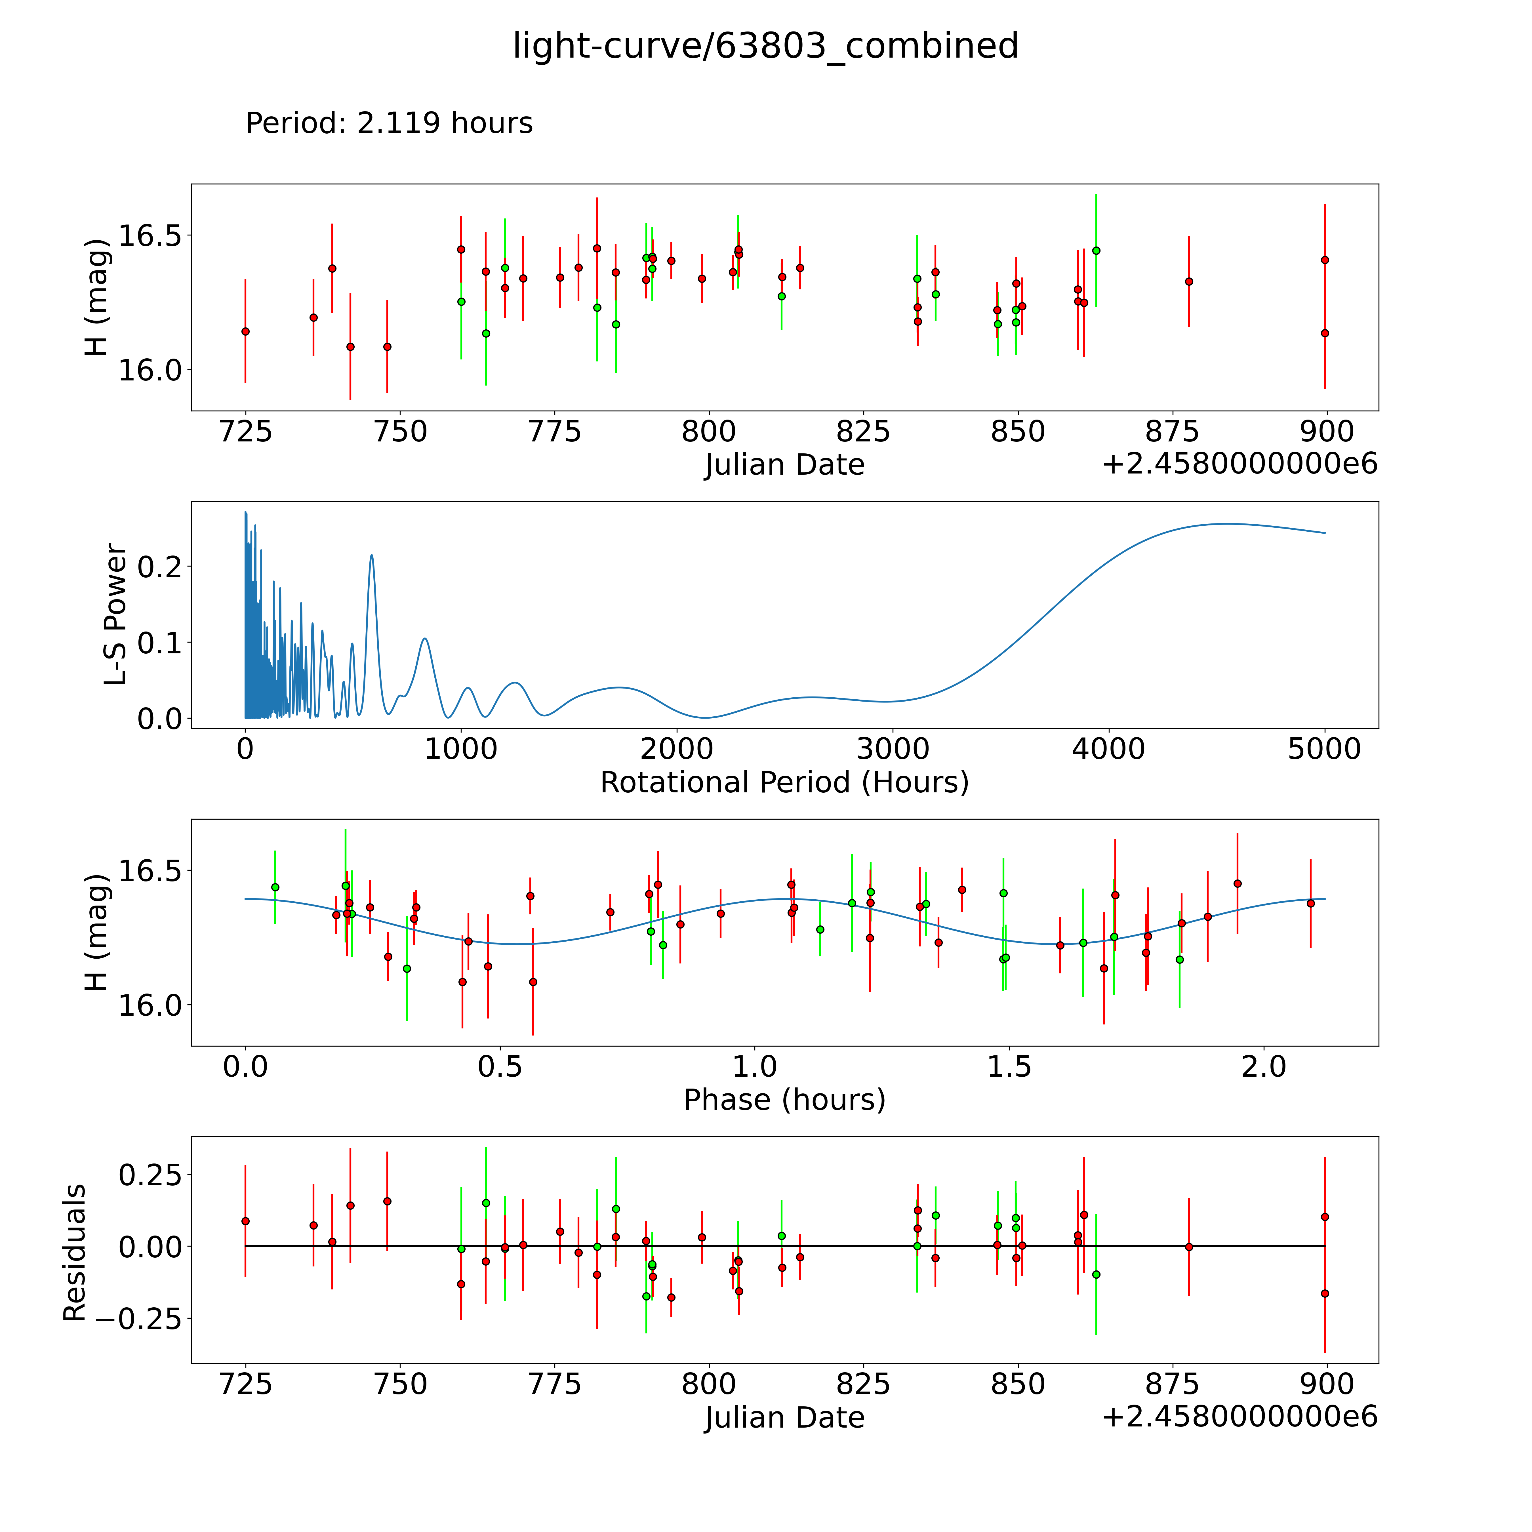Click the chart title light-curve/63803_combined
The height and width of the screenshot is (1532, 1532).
tap(765, 46)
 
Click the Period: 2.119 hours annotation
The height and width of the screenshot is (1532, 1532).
tap(389, 124)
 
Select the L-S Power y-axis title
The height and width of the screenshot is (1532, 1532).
tap(116, 615)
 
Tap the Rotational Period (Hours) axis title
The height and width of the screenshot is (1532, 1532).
tap(784, 783)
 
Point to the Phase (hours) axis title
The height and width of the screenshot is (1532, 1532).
tap(784, 1100)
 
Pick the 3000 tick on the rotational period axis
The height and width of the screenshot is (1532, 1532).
tap(893, 749)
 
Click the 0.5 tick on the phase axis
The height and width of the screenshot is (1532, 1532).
tap(500, 1066)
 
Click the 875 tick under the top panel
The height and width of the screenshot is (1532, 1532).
tap(1172, 432)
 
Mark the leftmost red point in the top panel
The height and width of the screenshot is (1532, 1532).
tap(245, 331)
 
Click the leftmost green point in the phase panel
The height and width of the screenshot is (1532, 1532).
tap(275, 887)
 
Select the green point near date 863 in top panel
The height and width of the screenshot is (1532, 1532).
tap(1096, 251)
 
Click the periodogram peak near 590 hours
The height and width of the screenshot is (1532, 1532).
tap(371, 555)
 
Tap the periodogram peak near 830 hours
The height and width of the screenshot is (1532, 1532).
tap(425, 638)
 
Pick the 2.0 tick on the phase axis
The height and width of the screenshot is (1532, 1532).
tap(1264, 1066)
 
